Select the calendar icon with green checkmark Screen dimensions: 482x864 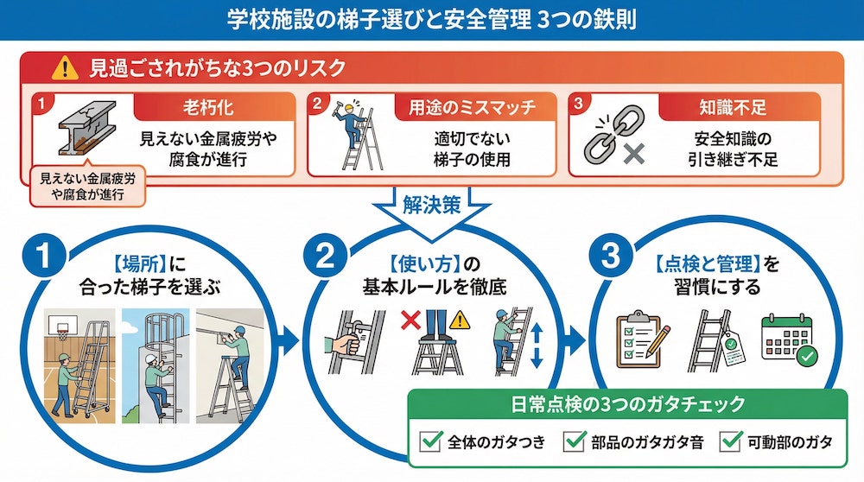pyautogui.click(x=789, y=339)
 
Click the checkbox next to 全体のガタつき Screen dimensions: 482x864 pyautogui.click(x=430, y=442)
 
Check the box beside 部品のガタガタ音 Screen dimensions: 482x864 pyautogui.click(x=574, y=442)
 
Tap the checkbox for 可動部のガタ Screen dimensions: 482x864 pyautogui.click(x=731, y=442)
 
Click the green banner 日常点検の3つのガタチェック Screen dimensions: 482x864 pyautogui.click(x=627, y=404)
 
